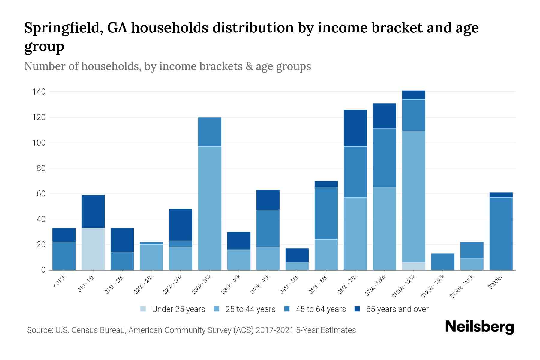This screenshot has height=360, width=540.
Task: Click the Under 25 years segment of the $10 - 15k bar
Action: (x=93, y=249)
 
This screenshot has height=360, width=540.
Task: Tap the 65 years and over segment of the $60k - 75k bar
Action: (x=355, y=128)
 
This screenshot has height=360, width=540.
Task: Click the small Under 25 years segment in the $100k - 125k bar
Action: (x=414, y=266)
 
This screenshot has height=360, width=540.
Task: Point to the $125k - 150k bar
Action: (x=443, y=262)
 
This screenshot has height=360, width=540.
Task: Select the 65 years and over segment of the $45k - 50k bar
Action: (x=297, y=255)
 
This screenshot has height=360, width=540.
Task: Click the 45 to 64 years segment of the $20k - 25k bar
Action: (x=151, y=243)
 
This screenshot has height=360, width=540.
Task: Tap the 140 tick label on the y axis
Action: (x=39, y=92)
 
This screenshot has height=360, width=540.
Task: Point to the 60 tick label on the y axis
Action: (x=41, y=194)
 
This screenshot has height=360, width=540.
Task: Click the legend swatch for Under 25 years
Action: (x=143, y=309)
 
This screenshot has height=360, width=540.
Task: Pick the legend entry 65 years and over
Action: (x=397, y=309)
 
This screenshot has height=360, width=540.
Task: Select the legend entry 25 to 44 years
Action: (x=250, y=309)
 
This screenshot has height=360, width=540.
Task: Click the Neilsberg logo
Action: (x=479, y=327)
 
